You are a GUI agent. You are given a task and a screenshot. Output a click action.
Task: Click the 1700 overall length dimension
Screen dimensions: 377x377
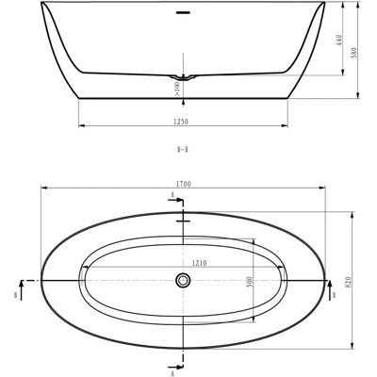(x=184, y=184)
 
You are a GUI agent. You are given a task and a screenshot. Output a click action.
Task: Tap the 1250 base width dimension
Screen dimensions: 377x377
(x=181, y=122)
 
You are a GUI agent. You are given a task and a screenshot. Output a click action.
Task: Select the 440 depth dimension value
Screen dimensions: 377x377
(x=339, y=40)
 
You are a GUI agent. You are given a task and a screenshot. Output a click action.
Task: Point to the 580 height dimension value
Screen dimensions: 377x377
(x=354, y=53)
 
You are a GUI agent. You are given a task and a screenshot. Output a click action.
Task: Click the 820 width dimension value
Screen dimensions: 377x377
(x=349, y=283)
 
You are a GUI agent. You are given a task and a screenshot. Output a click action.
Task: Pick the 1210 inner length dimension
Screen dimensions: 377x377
(x=199, y=263)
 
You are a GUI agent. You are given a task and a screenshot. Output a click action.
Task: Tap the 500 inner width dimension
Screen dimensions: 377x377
(x=249, y=282)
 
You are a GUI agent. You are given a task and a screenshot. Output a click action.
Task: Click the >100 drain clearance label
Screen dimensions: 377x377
(x=177, y=89)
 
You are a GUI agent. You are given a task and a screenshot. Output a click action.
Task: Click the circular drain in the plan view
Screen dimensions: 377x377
(x=183, y=280)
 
